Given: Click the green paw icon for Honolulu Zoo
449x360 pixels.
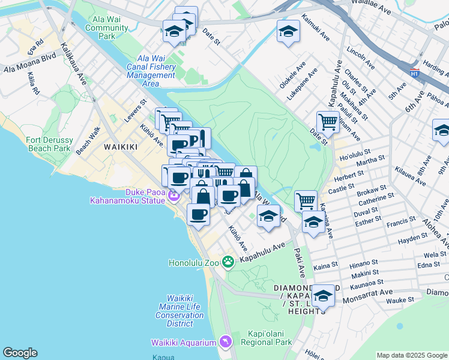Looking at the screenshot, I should point(228,262).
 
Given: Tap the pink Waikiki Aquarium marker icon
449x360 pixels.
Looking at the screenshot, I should point(224,341).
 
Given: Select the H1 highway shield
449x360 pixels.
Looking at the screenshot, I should point(414,73).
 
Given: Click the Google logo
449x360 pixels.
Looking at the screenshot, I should point(20,353).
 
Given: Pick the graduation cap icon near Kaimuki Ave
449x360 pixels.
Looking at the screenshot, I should point(288,31).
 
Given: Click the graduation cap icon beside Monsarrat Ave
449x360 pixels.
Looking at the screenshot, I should point(322,295).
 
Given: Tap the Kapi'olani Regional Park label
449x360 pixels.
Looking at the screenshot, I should point(270,338).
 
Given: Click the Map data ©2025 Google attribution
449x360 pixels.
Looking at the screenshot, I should point(411,355).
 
